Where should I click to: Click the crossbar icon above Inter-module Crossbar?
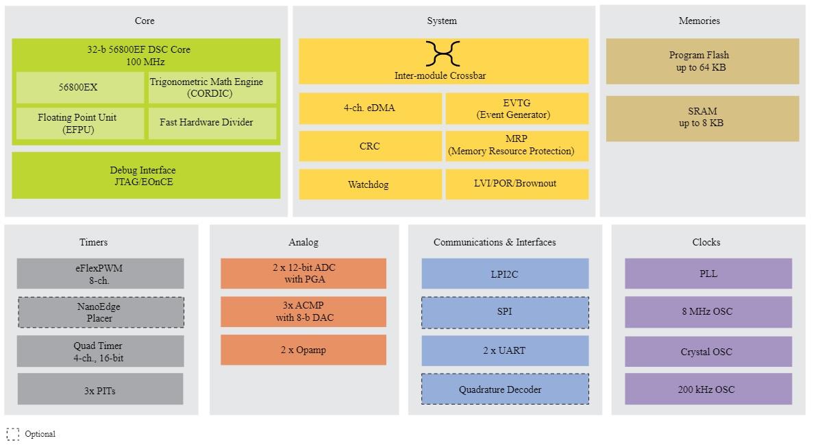click(x=443, y=53)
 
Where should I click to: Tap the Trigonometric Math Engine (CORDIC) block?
click(x=212, y=88)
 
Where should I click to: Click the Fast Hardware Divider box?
click(x=212, y=123)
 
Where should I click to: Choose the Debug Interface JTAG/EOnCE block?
click(x=146, y=176)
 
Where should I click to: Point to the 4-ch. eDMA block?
click(x=370, y=108)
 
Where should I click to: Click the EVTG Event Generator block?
click(x=516, y=108)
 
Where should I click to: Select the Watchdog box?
click(x=370, y=184)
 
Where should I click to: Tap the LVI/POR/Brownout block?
click(x=516, y=184)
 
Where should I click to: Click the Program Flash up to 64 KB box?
click(x=702, y=61)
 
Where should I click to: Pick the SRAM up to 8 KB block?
click(x=702, y=117)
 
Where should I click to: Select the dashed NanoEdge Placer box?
click(x=100, y=312)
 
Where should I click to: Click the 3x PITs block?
click(x=100, y=389)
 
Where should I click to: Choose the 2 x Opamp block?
click(x=303, y=350)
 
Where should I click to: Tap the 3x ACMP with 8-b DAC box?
click(x=303, y=311)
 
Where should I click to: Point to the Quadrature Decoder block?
click(x=505, y=389)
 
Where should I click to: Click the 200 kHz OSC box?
click(x=708, y=389)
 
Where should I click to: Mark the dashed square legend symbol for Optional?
click(x=13, y=434)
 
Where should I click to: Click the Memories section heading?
click(x=699, y=21)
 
